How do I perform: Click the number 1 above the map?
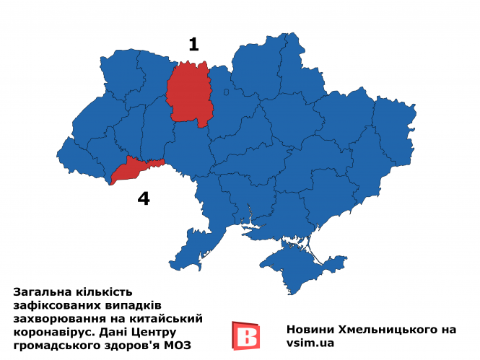click(193, 44)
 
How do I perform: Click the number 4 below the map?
click(144, 198)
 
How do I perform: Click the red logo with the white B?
click(245, 336)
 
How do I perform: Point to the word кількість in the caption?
click(105, 292)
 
